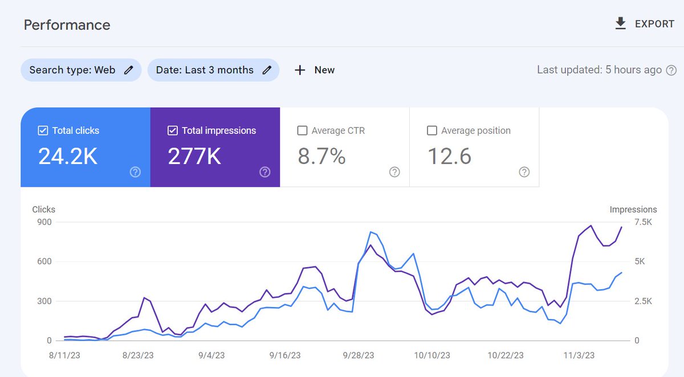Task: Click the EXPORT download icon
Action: point(621,23)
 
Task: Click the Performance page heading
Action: point(67,25)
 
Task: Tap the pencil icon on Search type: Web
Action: point(129,70)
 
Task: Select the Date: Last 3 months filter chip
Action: point(213,70)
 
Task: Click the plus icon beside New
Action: point(300,70)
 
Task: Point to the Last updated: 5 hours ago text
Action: point(599,70)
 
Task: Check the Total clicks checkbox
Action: point(43,131)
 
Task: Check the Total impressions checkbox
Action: point(173,131)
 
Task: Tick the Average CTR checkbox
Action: point(303,131)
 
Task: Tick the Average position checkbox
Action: point(432,131)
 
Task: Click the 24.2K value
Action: point(68,157)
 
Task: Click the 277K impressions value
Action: point(194,157)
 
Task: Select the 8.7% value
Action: point(321,157)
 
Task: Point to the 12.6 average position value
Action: point(449,157)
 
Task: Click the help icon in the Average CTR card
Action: point(394,172)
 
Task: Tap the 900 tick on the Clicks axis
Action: point(44,222)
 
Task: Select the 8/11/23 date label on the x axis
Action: point(65,355)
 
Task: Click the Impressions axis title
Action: point(633,210)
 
